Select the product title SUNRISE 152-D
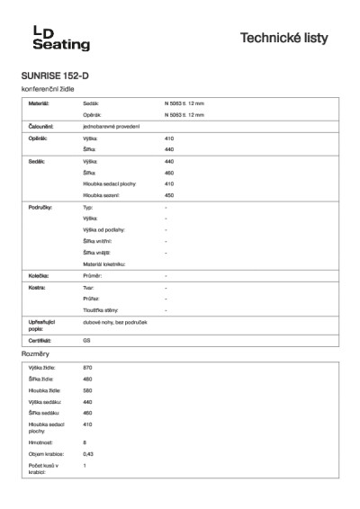[x=55, y=76]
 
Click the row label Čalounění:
[x=40, y=127]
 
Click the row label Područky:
[x=40, y=207]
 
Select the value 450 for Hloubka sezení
[x=169, y=194]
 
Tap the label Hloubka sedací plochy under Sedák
[x=103, y=183]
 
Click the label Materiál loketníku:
[x=103, y=263]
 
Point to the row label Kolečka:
[x=38, y=275]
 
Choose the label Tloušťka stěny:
[x=98, y=309]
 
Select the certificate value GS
[x=86, y=342]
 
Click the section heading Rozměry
[x=33, y=355]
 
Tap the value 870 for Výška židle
[x=87, y=368]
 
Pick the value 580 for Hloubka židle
[x=87, y=390]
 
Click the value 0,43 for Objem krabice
[x=87, y=453]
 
